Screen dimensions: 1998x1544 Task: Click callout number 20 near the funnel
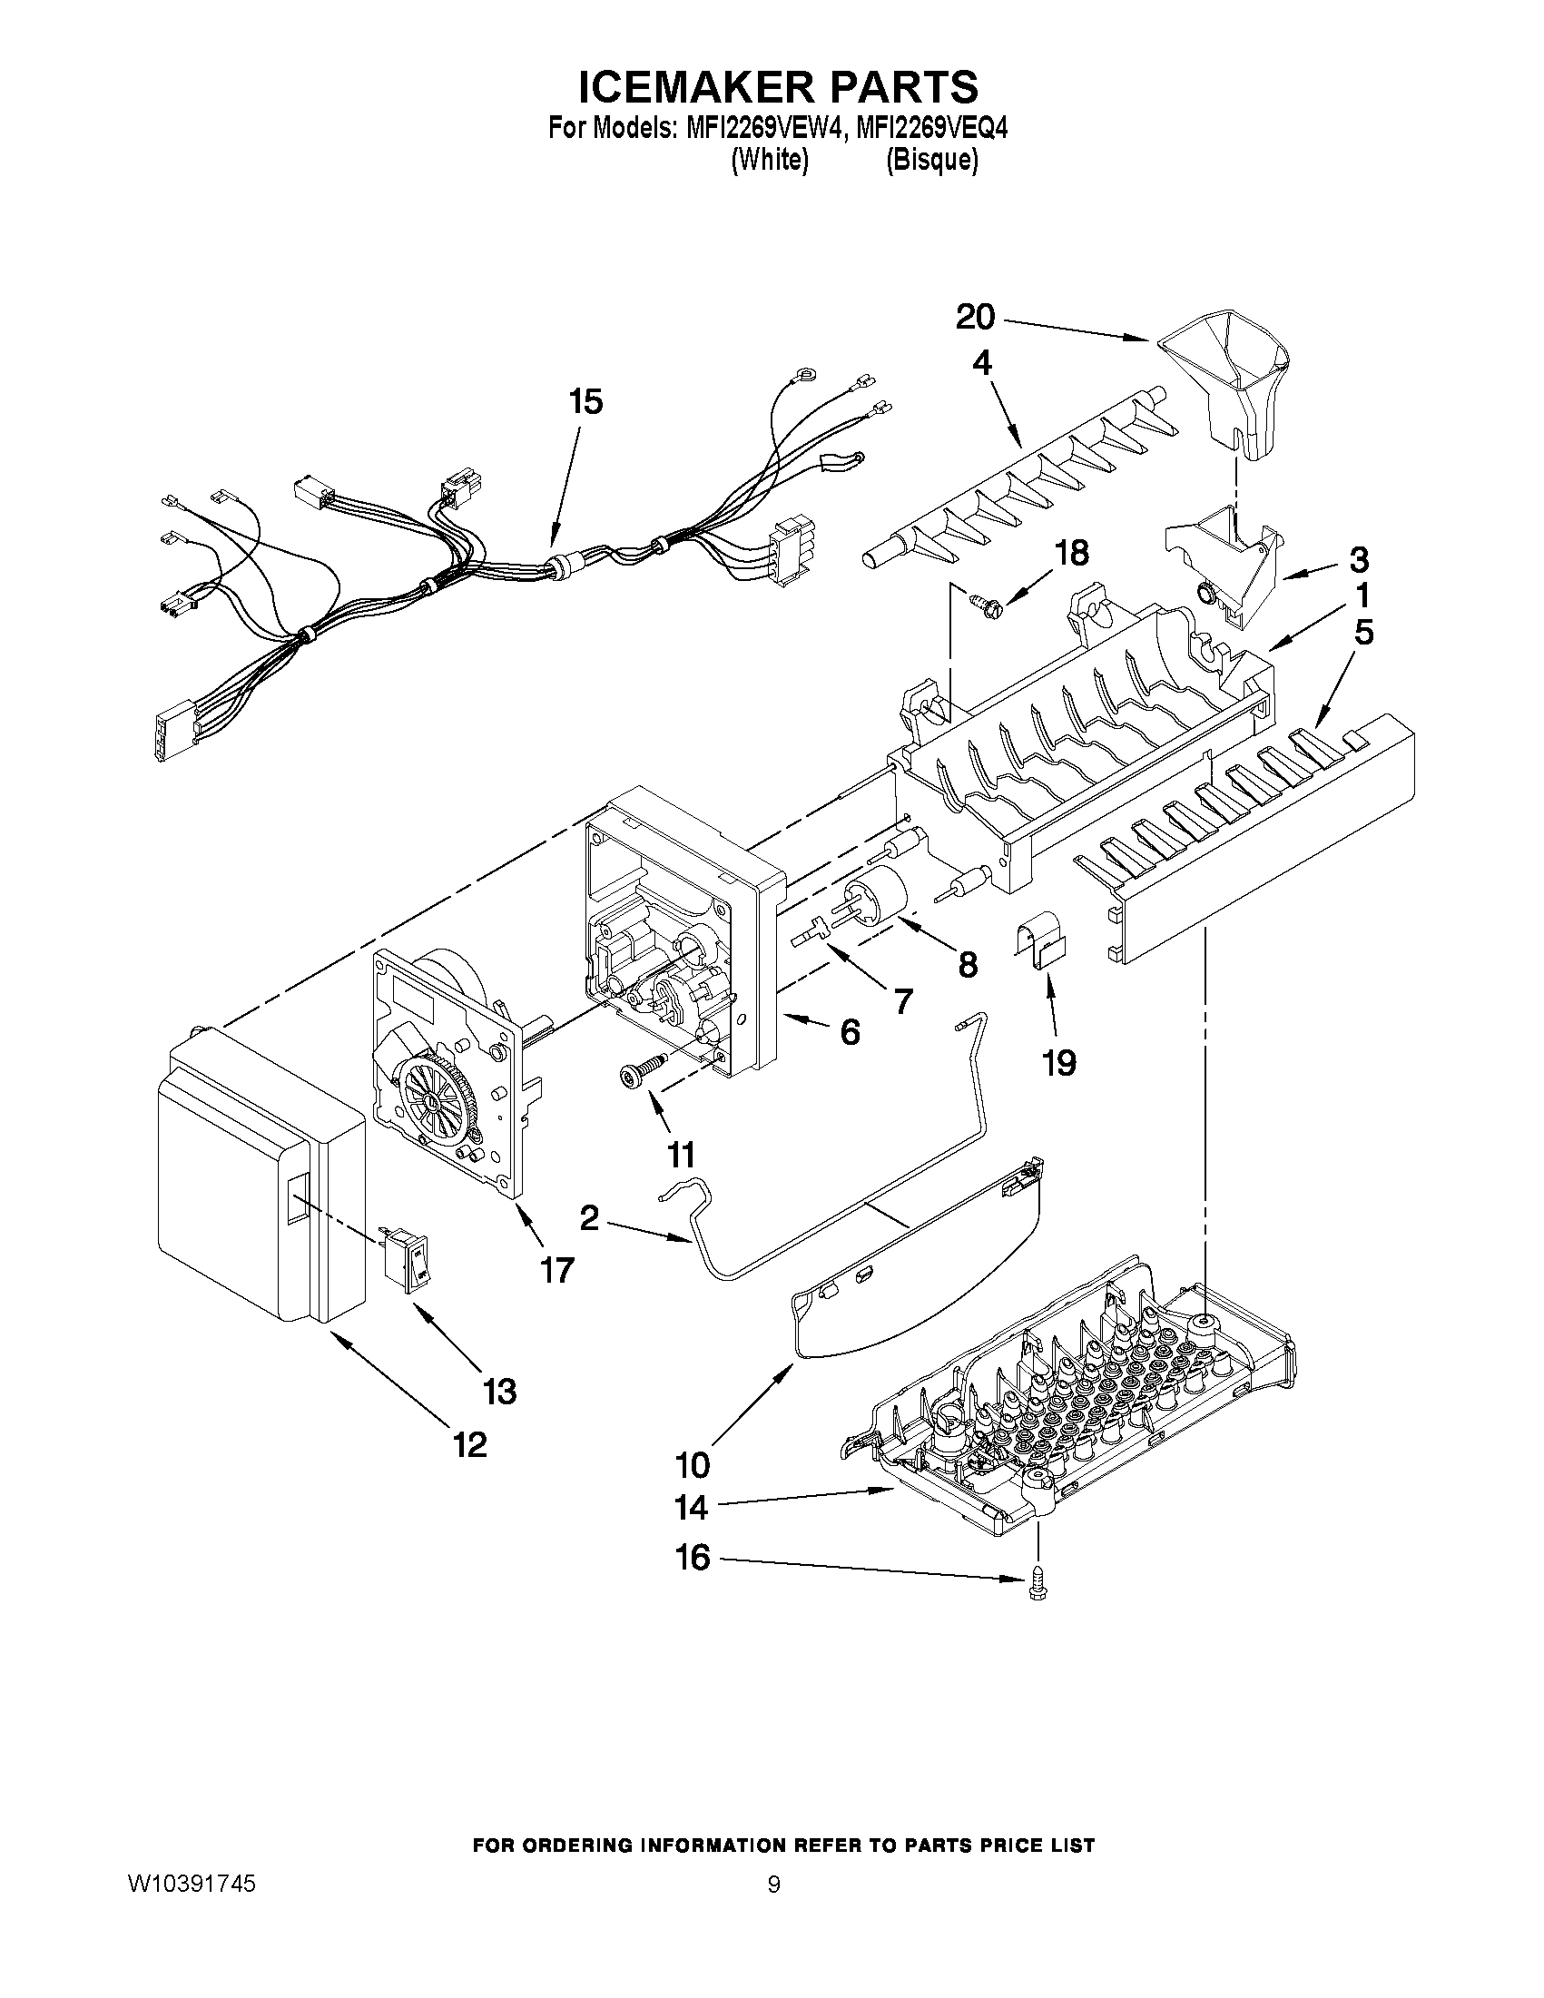pyautogui.click(x=975, y=318)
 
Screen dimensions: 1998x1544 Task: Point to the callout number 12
pyautogui.click(x=469, y=1444)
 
